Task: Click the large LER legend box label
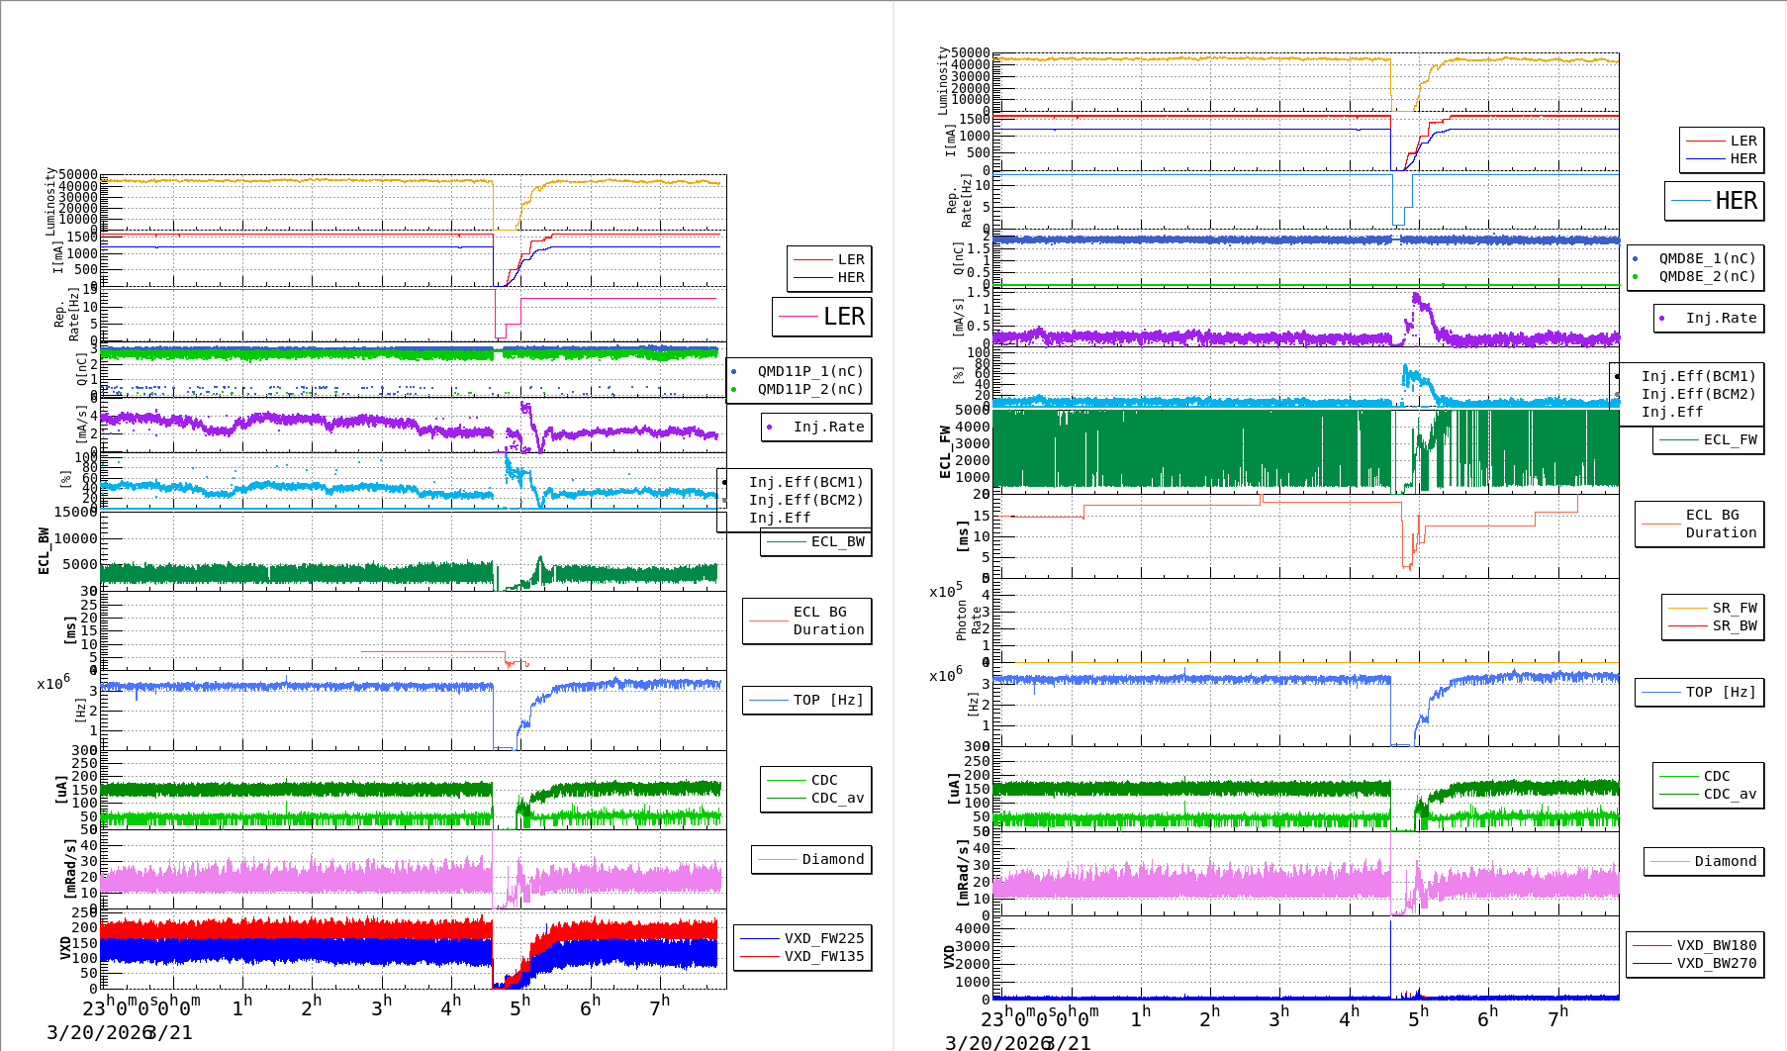pyautogui.click(x=844, y=317)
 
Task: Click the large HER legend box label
pyautogui.click(x=1736, y=201)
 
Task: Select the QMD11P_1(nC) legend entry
pyautogui.click(x=809, y=371)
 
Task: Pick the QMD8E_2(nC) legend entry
pyautogui.click(x=1707, y=276)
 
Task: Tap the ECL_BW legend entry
pyautogui.click(x=837, y=541)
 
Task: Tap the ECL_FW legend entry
pyautogui.click(x=1730, y=439)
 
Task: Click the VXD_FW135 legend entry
pyautogui.click(x=823, y=956)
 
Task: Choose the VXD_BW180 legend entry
pyautogui.click(x=1716, y=945)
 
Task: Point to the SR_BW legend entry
pyautogui.click(x=1734, y=625)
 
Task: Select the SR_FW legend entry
pyautogui.click(x=1734, y=608)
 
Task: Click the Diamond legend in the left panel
pyautogui.click(x=832, y=859)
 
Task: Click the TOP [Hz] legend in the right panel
pyautogui.click(x=1721, y=692)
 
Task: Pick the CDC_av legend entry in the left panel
pyautogui.click(x=837, y=798)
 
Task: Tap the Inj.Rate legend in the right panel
pyautogui.click(x=1721, y=318)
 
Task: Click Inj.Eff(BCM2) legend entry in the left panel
pyautogui.click(x=805, y=500)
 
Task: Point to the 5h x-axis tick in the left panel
pyautogui.click(x=519, y=1005)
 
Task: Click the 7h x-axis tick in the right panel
pyautogui.click(x=1557, y=1015)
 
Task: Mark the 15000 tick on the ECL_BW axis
pyautogui.click(x=75, y=512)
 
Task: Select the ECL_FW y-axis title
pyautogui.click(x=945, y=451)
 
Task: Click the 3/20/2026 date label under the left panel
pyautogui.click(x=95, y=1032)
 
